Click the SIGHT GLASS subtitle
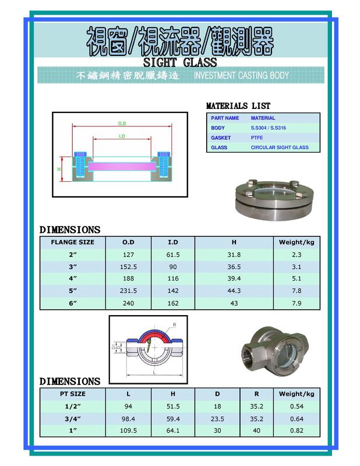179,62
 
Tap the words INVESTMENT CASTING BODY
241,76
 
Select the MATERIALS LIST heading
238,106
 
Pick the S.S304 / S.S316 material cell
268,128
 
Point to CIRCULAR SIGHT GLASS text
280,147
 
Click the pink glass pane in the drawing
122,167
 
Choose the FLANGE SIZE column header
73,242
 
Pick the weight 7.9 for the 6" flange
297,303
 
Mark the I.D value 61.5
172,255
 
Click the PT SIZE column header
73,394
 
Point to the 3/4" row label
73,418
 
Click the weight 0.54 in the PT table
297,406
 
